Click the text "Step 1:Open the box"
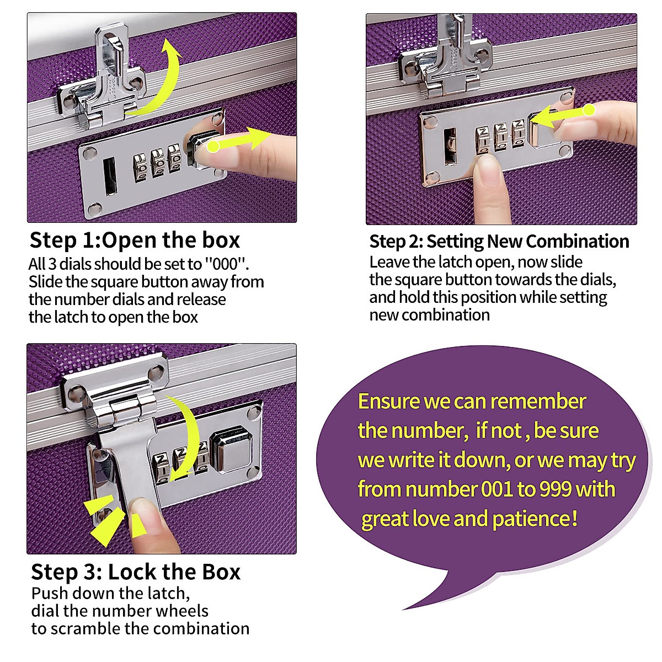(135, 241)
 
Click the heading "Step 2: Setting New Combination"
(499, 242)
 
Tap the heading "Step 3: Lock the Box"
(136, 572)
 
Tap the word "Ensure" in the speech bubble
(389, 401)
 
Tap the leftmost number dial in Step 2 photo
(483, 138)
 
